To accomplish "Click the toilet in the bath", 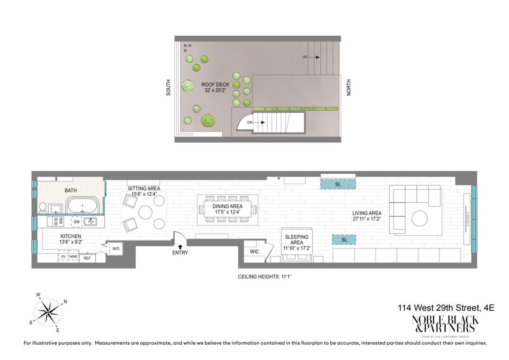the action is [x=43, y=208].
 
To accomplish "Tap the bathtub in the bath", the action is [x=82, y=205].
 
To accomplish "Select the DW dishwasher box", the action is [x=77, y=222].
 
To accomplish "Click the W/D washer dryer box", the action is [x=116, y=249].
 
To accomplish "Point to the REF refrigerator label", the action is [x=87, y=258].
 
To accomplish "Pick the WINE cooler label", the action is [x=73, y=257].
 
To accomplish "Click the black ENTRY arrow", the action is [x=180, y=247].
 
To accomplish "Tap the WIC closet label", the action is [x=254, y=251].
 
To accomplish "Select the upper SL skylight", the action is [x=338, y=184].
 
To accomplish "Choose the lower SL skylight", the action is [x=344, y=240].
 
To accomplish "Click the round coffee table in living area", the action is [x=420, y=218].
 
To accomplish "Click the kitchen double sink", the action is [x=90, y=221].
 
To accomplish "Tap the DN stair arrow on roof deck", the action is [x=259, y=123].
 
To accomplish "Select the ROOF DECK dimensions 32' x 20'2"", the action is [x=215, y=90].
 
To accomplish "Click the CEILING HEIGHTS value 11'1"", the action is [x=286, y=276].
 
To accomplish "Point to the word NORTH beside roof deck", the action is [x=349, y=87].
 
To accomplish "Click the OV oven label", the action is [x=63, y=257].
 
